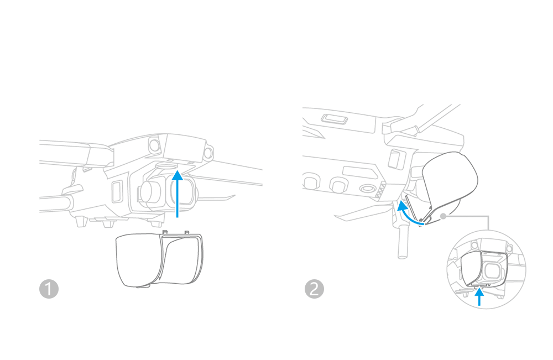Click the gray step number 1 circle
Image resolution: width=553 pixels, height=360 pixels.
coord(49,289)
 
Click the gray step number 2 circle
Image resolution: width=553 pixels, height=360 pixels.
coord(314,289)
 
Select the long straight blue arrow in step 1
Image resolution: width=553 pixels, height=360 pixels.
coord(178,194)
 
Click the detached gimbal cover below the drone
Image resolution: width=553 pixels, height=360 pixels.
coord(160,259)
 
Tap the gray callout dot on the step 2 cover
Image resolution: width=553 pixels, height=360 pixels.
coord(444,216)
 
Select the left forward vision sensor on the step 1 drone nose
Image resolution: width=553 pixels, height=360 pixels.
coord(155,144)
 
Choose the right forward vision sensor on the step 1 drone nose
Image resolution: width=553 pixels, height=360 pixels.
coord(208,153)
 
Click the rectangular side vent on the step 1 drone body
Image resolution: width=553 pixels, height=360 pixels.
coord(117,191)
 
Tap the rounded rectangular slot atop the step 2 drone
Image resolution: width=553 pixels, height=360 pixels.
coord(335,119)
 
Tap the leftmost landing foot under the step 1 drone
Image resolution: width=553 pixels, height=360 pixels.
coord(81,221)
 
